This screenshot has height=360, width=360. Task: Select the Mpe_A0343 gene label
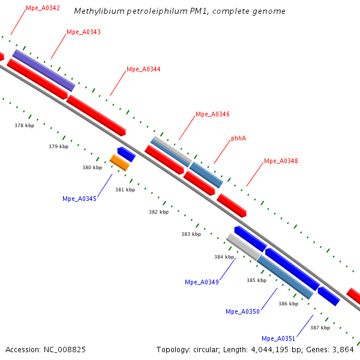pos(83,32)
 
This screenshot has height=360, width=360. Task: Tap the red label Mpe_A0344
pos(143,70)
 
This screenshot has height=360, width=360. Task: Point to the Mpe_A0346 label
pos(212,114)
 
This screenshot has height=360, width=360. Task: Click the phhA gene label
pos(239,139)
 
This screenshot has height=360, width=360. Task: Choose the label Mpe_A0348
pos(281,161)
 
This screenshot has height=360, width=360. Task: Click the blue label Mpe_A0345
pos(79,199)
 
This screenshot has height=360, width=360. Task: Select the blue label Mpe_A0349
pos(202,282)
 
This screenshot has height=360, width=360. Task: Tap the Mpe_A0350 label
pos(242,311)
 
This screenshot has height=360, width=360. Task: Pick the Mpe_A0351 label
pos(278,338)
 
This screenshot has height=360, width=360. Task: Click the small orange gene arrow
pos(120,162)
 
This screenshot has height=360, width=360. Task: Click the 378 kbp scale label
pos(25,125)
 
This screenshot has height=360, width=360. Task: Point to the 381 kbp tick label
pos(125,190)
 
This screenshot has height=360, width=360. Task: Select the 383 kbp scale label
pos(191,234)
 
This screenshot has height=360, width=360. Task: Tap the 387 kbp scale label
pos(320,328)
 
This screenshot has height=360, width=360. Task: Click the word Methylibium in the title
pos(98,11)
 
